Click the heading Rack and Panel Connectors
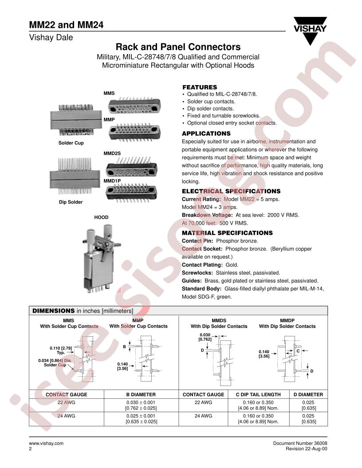[x=178, y=47]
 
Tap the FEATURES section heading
[x=200, y=87]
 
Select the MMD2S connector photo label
[x=112, y=153]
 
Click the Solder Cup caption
[x=71, y=143]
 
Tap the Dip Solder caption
[x=71, y=202]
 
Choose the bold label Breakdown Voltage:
[x=207, y=215]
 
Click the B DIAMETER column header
[x=141, y=394]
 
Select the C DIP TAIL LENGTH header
[x=258, y=394]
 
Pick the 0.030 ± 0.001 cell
[x=141, y=402]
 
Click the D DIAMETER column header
[x=308, y=394]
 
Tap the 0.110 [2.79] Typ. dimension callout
[x=61, y=350]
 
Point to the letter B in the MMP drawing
[x=125, y=347]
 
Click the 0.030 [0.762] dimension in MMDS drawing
[x=205, y=337]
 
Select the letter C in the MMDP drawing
[x=298, y=351]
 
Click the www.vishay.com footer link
[x=46, y=443]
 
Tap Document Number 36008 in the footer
[x=300, y=443]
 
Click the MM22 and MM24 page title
[x=66, y=24]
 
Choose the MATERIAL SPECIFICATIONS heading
[x=227, y=233]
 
